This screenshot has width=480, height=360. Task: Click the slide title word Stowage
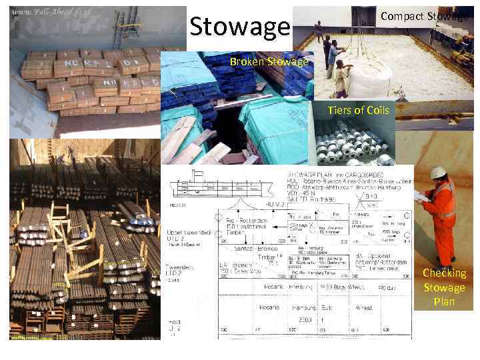240,27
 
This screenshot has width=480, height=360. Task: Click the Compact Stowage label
425,16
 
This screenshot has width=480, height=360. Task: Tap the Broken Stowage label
269,63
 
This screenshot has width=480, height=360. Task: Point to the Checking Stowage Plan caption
444,287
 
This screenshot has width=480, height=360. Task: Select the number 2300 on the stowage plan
305,320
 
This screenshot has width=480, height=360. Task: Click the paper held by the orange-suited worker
422,195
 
